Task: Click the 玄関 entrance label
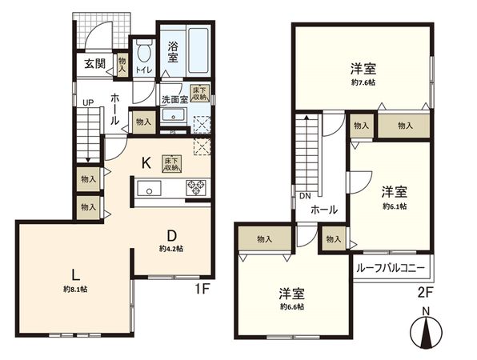coord(91,65)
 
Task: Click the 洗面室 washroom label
coord(174,100)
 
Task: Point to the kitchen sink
coord(150,190)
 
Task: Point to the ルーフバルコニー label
coord(392,268)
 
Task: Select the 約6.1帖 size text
coord(395,206)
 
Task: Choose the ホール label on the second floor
coord(323,210)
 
